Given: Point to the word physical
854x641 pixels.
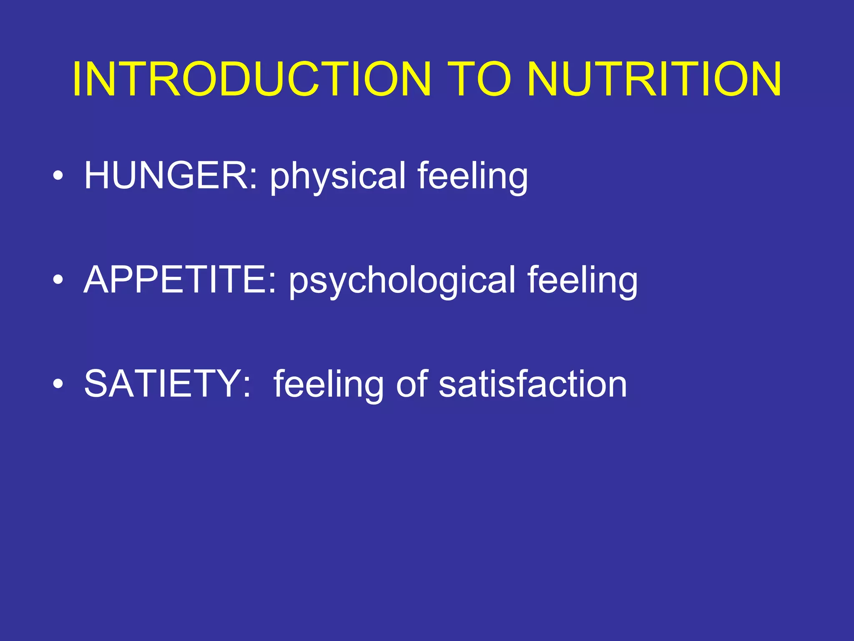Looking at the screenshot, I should click(x=338, y=177).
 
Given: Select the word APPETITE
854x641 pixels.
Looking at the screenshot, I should click(x=176, y=280).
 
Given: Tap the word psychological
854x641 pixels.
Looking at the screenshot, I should click(x=402, y=281).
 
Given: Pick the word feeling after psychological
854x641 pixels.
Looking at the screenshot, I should click(x=583, y=281).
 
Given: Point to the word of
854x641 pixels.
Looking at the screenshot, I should click(x=412, y=384).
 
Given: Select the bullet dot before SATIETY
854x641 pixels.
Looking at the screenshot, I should click(x=58, y=385).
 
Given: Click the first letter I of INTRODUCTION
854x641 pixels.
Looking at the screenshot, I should click(x=77, y=79).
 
